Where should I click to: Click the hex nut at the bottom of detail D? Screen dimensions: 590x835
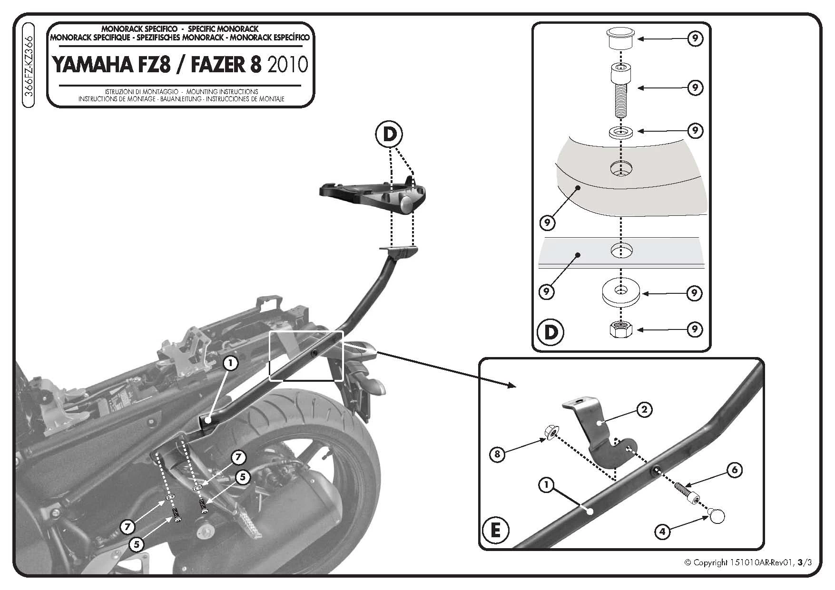coord(619,329)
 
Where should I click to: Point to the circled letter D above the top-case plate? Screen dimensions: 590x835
coord(389,135)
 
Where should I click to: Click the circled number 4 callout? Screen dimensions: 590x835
coord(663,531)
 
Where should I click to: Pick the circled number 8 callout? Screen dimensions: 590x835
coord(498,454)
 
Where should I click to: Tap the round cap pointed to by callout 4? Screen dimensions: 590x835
coord(716,514)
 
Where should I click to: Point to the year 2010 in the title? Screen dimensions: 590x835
coord(288,65)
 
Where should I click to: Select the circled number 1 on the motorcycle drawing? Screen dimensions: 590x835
coord(230,364)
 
